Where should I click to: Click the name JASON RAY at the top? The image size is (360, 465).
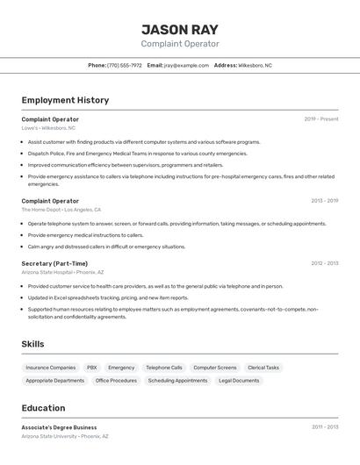(x=180, y=28)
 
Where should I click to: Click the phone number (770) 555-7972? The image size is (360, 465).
(x=125, y=66)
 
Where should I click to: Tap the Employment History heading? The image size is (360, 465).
(x=65, y=100)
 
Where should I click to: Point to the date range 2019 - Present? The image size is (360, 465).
(x=321, y=118)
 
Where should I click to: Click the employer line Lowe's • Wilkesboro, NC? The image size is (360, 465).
(x=49, y=128)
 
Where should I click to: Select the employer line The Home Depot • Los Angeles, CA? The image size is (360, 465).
(x=61, y=211)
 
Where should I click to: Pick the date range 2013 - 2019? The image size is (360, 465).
(x=324, y=201)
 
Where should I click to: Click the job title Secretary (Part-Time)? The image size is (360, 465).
(x=54, y=263)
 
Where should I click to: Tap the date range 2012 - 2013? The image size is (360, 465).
(x=324, y=263)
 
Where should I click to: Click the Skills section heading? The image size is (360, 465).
(x=32, y=344)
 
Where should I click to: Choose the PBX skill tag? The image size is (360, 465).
(x=92, y=368)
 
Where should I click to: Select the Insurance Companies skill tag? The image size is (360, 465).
(x=51, y=368)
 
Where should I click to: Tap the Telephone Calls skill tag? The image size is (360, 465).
(x=164, y=368)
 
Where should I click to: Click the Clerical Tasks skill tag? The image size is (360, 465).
(x=263, y=368)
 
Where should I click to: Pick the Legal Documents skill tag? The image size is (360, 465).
(x=239, y=381)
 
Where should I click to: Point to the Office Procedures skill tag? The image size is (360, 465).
(x=116, y=381)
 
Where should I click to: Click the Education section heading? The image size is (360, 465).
(x=43, y=408)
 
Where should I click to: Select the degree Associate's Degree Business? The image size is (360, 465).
(x=60, y=427)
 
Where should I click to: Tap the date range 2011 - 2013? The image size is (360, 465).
(x=324, y=427)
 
